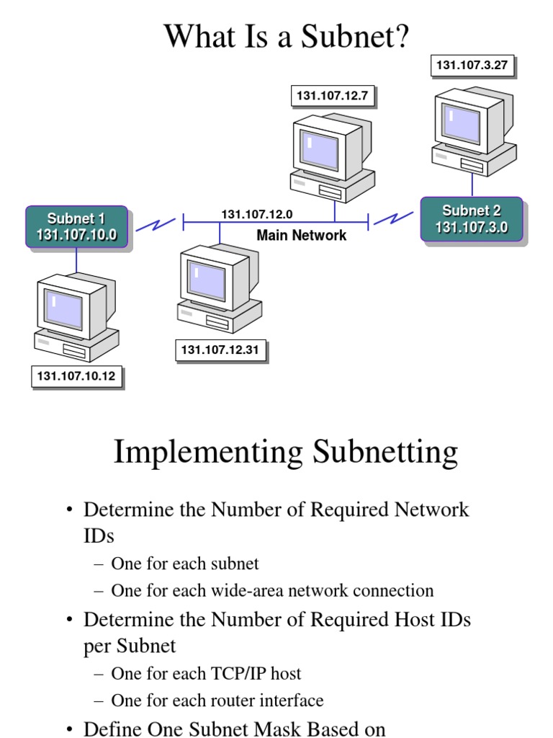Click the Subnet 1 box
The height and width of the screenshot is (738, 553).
pyautogui.click(x=77, y=226)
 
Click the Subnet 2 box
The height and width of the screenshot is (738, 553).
pyautogui.click(x=471, y=219)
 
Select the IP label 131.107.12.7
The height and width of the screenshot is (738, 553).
pyautogui.click(x=333, y=96)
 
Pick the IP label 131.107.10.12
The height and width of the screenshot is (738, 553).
pyautogui.click(x=76, y=375)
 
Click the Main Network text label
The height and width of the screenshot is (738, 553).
pyautogui.click(x=301, y=236)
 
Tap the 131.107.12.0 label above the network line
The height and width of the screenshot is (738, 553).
pyautogui.click(x=256, y=214)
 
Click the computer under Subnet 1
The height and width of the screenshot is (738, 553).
pyautogui.click(x=76, y=317)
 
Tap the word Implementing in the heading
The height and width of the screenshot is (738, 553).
pyautogui.click(x=208, y=452)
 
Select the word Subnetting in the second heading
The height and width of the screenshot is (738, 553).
pyautogui.click(x=385, y=452)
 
